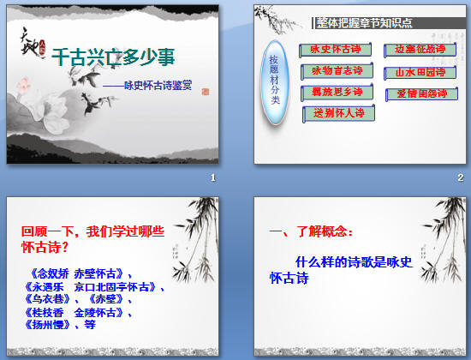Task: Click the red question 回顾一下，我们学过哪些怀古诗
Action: click(92, 238)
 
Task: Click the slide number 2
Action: click(460, 177)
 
